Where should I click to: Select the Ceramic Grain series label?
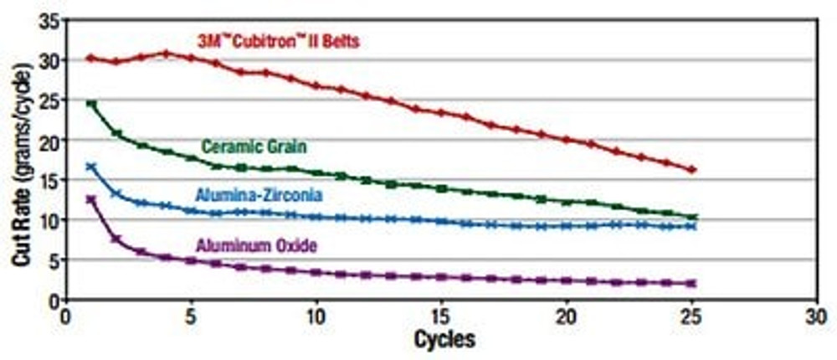(254, 147)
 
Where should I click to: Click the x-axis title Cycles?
(444, 339)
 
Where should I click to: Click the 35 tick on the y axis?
(49, 21)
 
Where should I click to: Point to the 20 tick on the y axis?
(49, 140)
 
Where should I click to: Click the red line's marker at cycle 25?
(691, 170)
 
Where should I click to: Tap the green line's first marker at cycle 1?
(91, 104)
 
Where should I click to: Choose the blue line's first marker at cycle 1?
(91, 167)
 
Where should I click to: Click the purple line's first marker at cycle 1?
(91, 199)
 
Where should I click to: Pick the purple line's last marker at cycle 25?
(691, 284)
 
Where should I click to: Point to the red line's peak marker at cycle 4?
(166, 54)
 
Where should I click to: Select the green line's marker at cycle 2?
(116, 133)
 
